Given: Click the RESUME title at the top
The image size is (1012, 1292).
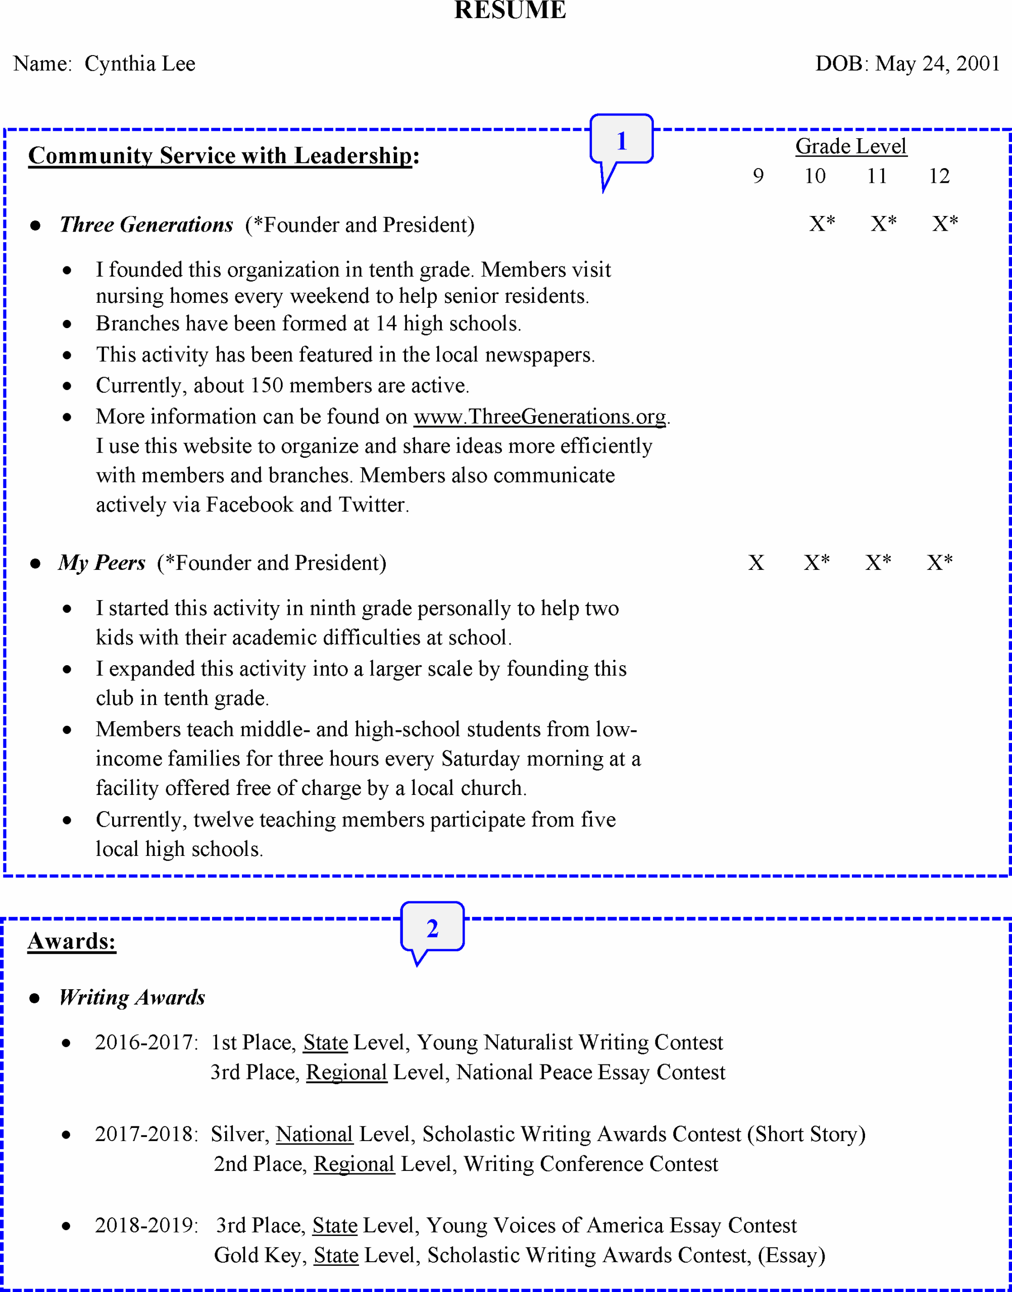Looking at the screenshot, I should coord(510,10).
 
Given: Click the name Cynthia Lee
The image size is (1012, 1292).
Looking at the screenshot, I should coord(140,64).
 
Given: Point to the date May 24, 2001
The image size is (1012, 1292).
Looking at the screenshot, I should coord(937,64).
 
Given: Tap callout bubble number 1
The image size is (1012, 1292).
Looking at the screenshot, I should coord(622,140).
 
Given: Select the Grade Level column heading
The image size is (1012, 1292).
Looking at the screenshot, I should coord(851,146).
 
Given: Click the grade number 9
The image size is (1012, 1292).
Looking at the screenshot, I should coord(758,176).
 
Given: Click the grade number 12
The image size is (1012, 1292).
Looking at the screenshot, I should coord(939,176).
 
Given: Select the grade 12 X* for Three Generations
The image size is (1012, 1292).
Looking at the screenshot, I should coord(944,224).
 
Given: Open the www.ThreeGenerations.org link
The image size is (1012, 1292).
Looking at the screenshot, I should coord(540,416).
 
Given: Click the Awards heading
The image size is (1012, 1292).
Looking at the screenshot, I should coord(72,941).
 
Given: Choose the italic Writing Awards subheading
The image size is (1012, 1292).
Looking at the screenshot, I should coord(132,998).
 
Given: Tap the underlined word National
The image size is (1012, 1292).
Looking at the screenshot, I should coord(315,1134).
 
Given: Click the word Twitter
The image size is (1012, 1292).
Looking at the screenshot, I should coord(372,505).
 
